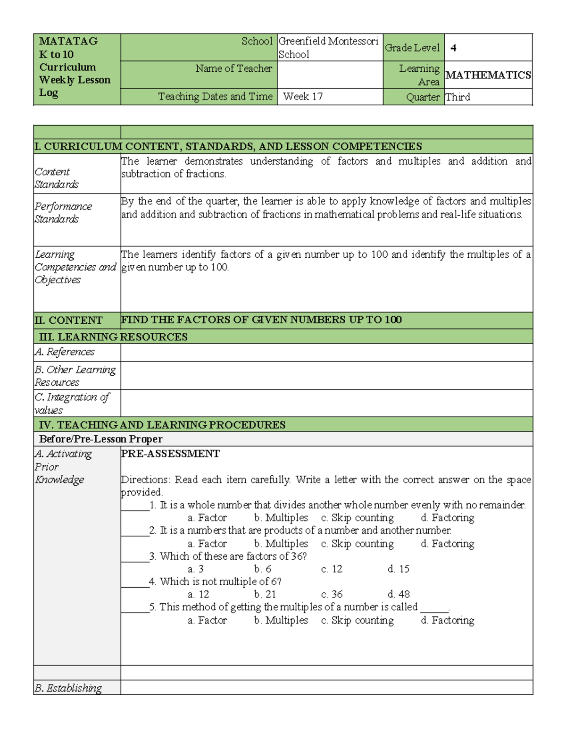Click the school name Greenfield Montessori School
pos(328,48)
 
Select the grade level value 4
pos(453,48)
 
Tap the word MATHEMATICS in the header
pos(488,75)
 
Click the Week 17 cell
pos(303,97)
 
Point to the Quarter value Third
pos(458,97)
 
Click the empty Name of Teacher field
pos(330,75)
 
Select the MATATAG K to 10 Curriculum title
pos(75,67)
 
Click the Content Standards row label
pos(57,178)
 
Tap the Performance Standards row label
pos(63,213)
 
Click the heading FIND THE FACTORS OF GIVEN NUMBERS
pos(261,320)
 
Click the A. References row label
pos(65,352)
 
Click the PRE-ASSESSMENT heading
pos(170,454)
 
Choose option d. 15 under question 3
pos(399,569)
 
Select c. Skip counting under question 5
pos(357,621)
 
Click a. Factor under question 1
pos(207,518)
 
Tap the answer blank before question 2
pos(135,531)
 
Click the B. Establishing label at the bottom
pos(68,688)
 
